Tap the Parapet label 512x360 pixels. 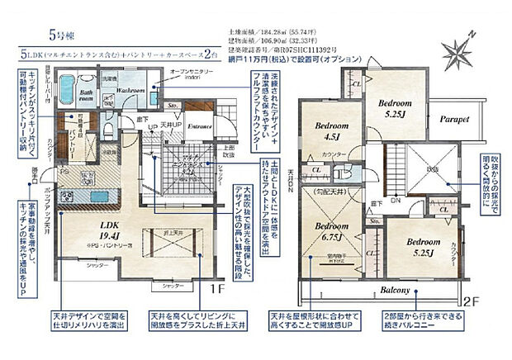point(453,119)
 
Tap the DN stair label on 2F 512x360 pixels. point(395,201)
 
